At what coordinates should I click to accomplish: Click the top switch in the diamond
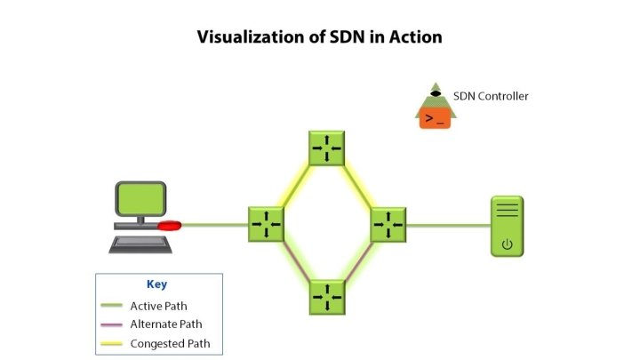(x=326, y=148)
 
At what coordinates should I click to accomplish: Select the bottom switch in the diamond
(x=326, y=297)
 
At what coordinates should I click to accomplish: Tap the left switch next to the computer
(x=266, y=224)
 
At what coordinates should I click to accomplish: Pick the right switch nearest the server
(x=388, y=224)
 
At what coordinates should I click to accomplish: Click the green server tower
(x=508, y=228)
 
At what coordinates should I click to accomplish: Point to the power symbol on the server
(x=508, y=244)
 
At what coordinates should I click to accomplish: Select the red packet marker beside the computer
(x=170, y=225)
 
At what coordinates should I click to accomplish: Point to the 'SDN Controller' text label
(x=491, y=96)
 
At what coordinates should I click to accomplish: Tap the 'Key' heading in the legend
(x=156, y=284)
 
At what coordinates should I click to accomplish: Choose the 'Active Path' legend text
(x=158, y=306)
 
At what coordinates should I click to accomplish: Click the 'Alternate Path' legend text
(x=165, y=324)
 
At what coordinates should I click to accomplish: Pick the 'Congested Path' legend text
(x=170, y=343)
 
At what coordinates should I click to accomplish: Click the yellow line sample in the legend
(x=111, y=344)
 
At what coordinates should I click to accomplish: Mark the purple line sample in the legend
(x=111, y=325)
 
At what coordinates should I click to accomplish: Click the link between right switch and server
(x=448, y=225)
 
